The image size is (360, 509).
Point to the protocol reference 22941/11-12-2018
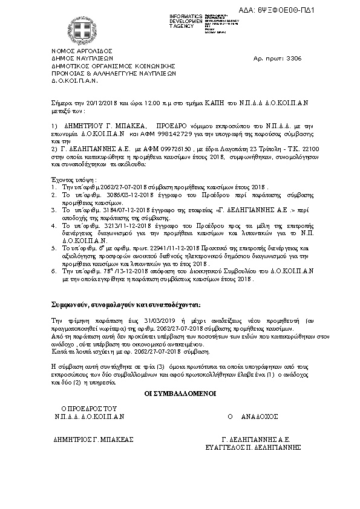tap(157, 248)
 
